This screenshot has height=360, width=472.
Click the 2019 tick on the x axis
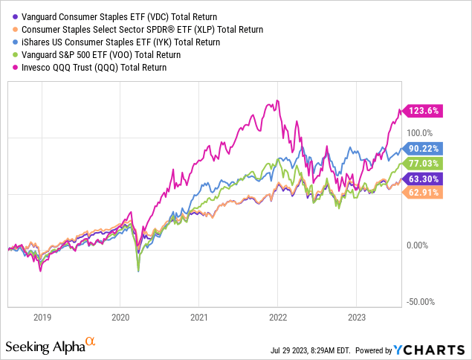[x=42, y=315]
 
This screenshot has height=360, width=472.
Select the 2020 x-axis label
[x=120, y=315]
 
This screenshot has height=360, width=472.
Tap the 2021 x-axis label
[x=198, y=315]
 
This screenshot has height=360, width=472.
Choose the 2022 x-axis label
[x=277, y=315]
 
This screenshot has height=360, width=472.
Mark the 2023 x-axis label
[x=356, y=315]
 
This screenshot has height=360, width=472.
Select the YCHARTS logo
[x=430, y=350]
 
